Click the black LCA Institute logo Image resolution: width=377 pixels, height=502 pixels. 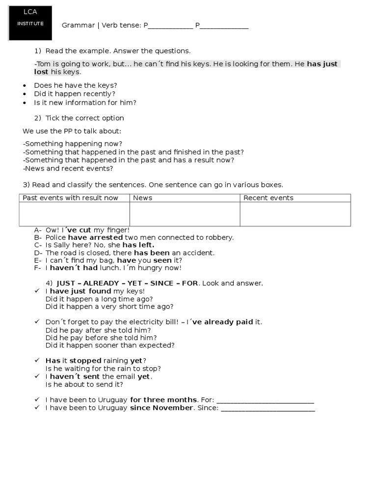click(29, 23)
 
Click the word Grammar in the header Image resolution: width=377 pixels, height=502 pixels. click(78, 26)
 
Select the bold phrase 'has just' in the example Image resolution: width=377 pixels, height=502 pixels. click(322, 64)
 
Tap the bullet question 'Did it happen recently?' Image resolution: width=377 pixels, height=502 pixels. click(75, 94)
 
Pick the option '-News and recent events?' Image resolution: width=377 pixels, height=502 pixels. click(68, 169)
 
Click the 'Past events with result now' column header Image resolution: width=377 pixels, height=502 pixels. click(71, 198)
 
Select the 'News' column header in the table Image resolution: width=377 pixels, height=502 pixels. click(142, 198)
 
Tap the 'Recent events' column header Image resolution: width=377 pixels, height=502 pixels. click(268, 198)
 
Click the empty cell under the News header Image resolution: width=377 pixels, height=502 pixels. click(185, 214)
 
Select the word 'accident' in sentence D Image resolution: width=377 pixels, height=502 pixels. click(199, 253)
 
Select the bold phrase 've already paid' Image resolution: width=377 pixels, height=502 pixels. click(223, 322)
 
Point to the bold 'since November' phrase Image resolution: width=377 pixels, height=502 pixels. click(162, 408)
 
